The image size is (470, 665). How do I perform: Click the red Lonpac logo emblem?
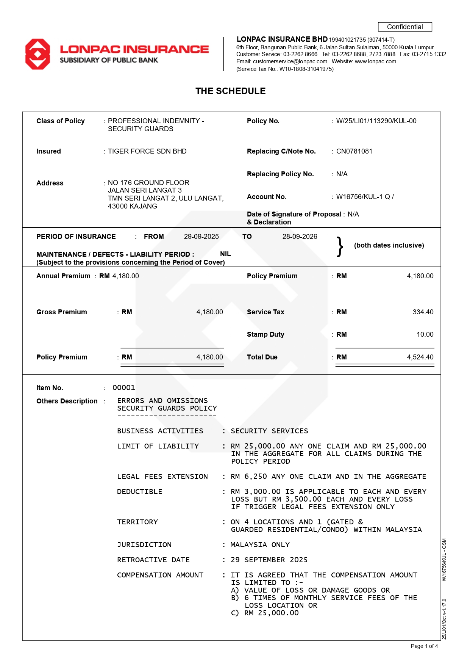[x=37, y=54]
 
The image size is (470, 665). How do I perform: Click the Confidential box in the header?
[x=404, y=27]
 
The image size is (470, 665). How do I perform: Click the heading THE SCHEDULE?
[x=230, y=91]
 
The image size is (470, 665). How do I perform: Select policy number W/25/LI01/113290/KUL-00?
[x=376, y=121]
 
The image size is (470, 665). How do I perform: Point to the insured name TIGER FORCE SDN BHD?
[x=147, y=151]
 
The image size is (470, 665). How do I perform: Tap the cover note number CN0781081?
[x=354, y=151]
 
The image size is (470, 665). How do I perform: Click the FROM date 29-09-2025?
[x=201, y=237]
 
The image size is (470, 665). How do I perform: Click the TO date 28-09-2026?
[x=300, y=237]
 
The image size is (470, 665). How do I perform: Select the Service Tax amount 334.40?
[x=423, y=312]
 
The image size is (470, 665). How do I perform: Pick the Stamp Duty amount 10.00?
[x=425, y=334]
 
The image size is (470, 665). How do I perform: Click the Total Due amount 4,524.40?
[x=420, y=357]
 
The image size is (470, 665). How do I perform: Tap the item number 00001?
[x=124, y=387]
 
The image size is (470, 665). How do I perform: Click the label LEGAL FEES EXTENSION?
[x=162, y=477]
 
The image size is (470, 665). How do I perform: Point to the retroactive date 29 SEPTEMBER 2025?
[x=269, y=560]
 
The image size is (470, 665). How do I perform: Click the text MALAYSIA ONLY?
[x=260, y=545]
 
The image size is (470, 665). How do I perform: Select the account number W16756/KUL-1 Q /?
[x=365, y=197]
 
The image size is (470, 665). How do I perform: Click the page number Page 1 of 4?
[x=424, y=646]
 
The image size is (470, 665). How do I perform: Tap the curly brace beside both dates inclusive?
[x=340, y=246]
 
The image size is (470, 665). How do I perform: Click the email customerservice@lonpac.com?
[x=290, y=61]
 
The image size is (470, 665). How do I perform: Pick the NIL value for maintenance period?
[x=225, y=254]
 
